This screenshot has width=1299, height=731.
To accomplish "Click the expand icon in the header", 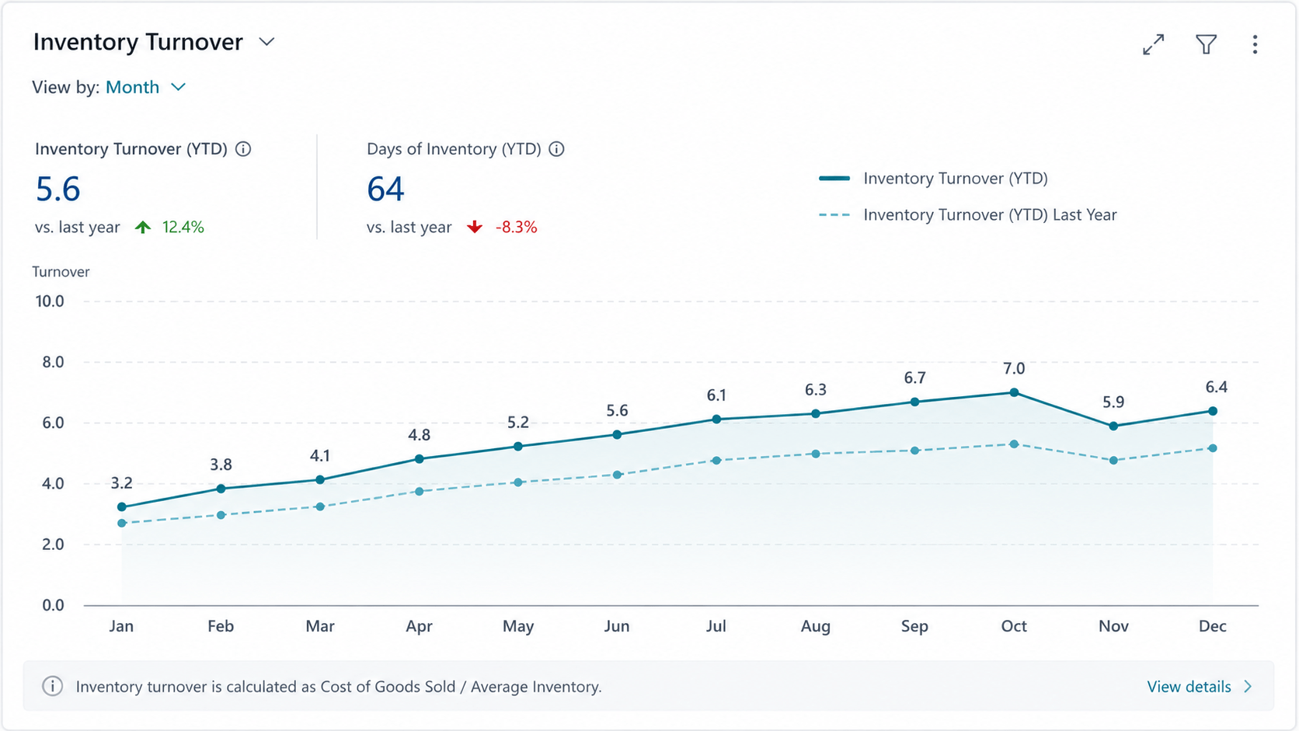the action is [1154, 44].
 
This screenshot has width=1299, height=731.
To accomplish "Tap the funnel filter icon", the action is [1207, 44].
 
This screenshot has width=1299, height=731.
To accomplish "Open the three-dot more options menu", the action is [1255, 44].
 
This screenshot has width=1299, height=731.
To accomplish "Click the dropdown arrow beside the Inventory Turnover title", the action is [266, 42].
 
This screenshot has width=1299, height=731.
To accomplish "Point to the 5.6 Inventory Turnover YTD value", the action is [58, 189].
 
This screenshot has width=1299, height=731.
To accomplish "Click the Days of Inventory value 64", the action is [385, 189].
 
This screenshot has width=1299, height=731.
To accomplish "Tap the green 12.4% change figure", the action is [183, 228].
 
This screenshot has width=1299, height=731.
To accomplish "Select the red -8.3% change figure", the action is [516, 228].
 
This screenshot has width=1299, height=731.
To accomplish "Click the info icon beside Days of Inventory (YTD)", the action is [557, 149].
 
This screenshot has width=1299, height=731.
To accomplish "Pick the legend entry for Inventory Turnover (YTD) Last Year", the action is [967, 215].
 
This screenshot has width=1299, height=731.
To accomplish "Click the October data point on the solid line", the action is [1014, 392].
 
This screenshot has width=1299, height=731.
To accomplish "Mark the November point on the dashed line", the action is [1113, 461].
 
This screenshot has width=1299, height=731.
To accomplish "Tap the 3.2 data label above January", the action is [122, 483].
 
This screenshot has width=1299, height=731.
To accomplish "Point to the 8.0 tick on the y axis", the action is [53, 362].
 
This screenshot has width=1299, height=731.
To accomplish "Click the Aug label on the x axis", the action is [816, 626].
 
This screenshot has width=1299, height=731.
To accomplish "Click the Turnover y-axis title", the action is [61, 272].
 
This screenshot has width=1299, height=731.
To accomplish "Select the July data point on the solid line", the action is [717, 419].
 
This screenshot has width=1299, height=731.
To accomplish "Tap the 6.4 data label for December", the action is [1216, 387].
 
